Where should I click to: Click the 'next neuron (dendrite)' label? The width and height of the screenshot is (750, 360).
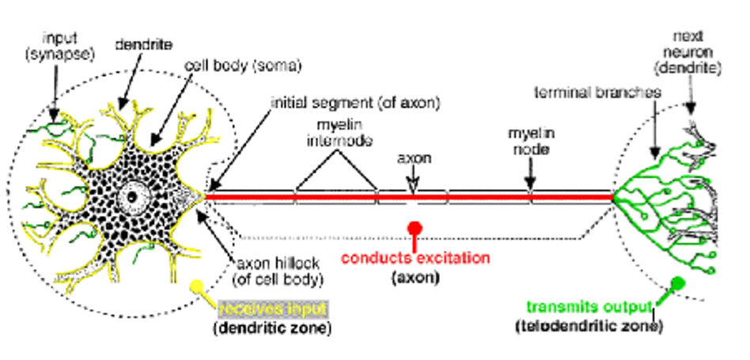(x=696, y=51)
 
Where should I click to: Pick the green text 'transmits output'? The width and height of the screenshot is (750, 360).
(x=612, y=307)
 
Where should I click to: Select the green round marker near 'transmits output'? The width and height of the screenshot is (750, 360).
(x=676, y=283)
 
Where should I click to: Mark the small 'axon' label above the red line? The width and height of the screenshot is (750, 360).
(x=415, y=158)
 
